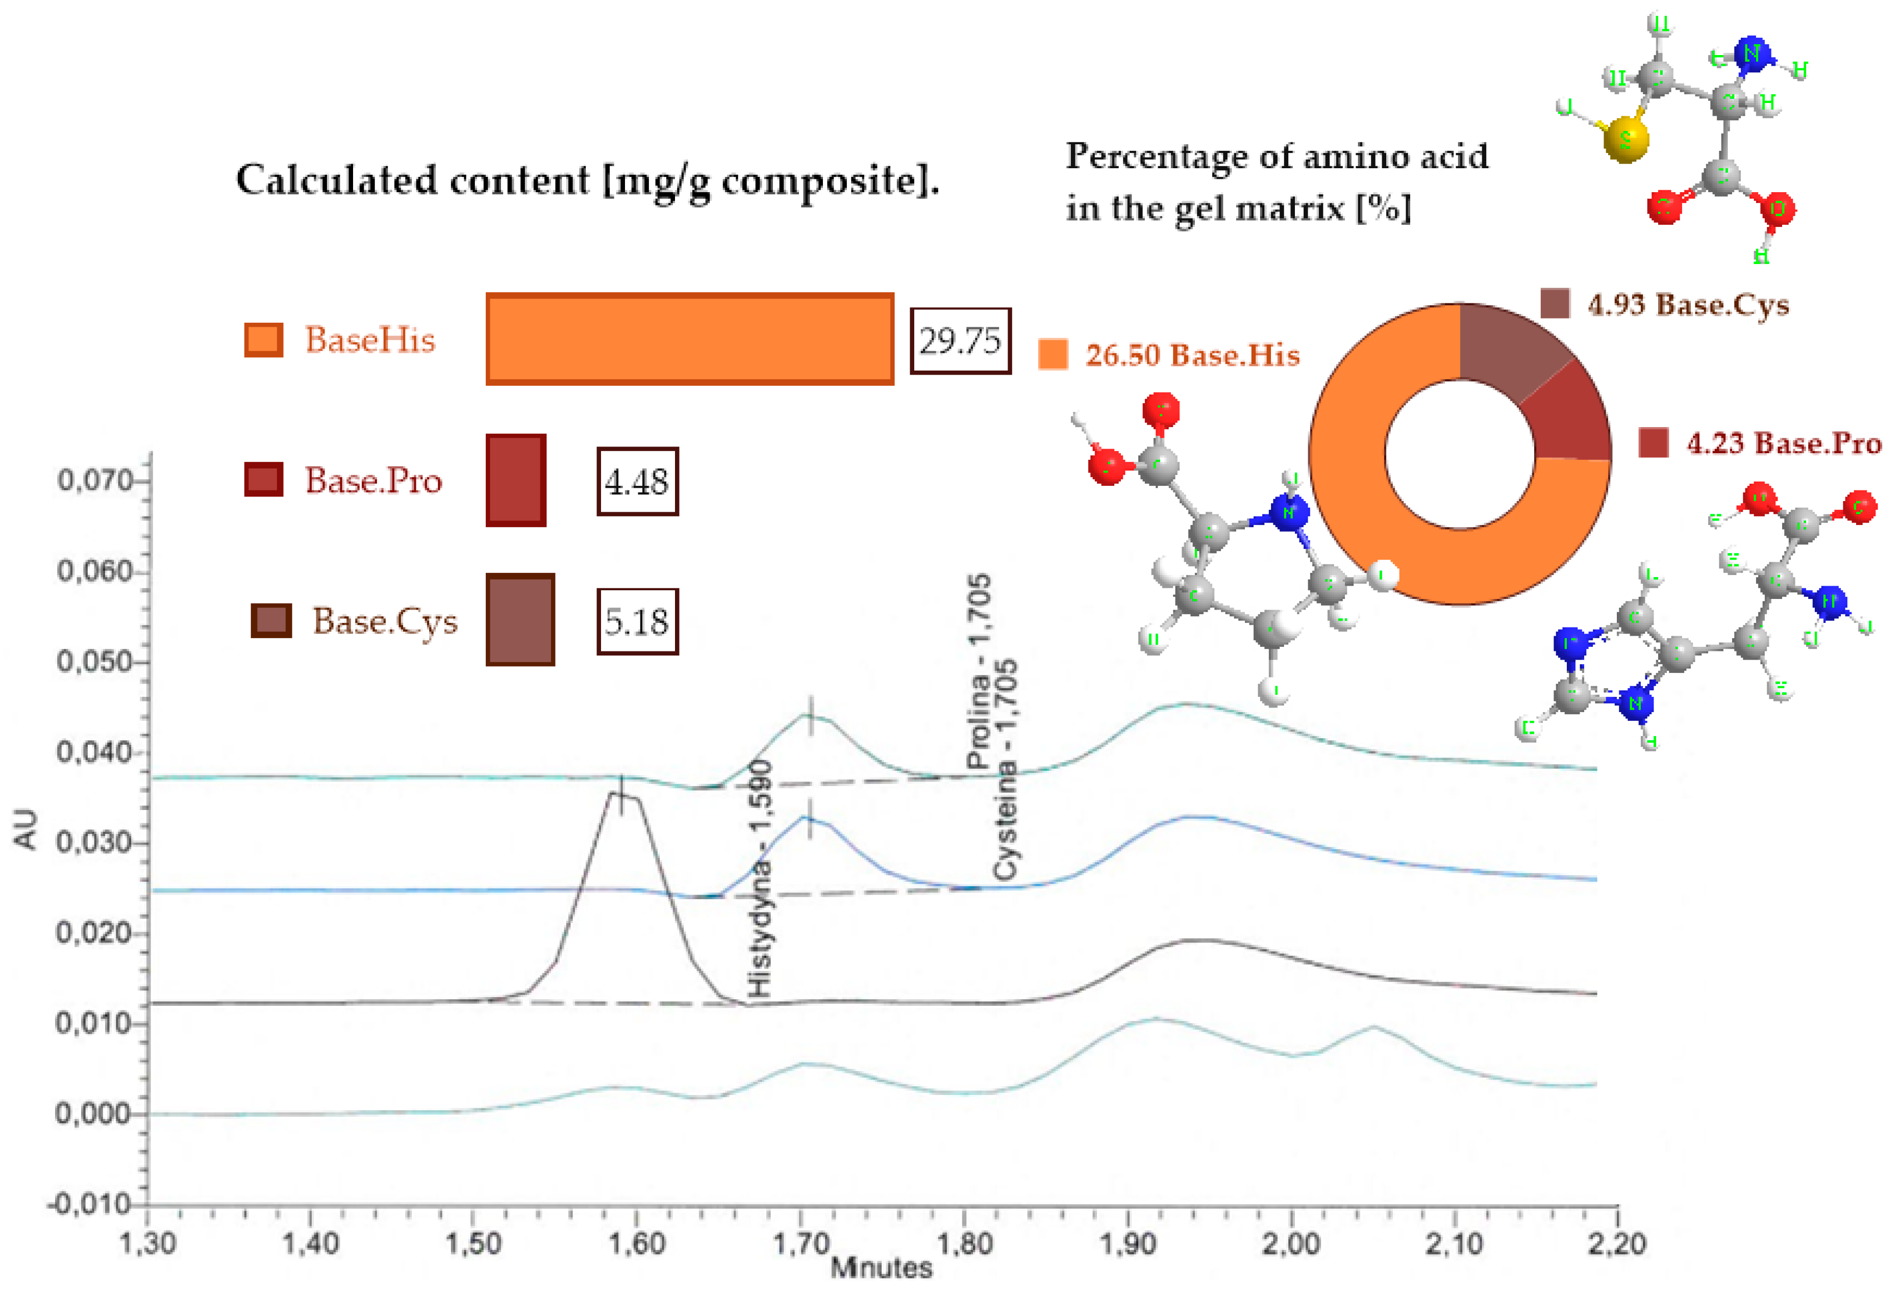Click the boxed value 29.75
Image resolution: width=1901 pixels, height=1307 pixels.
pos(960,341)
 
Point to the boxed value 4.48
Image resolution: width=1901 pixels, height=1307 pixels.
pos(637,482)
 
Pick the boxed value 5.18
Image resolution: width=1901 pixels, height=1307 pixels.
pos(637,621)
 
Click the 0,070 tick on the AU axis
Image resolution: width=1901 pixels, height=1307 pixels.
pos(94,481)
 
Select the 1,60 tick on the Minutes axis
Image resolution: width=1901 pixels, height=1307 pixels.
pos(637,1243)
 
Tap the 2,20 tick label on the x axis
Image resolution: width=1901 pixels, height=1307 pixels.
pos(1616,1243)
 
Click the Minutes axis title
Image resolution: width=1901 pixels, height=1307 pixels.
pos(881,1268)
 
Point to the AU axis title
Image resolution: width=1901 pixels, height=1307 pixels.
pos(26,829)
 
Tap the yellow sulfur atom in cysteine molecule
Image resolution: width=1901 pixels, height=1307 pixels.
pos(1625,141)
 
